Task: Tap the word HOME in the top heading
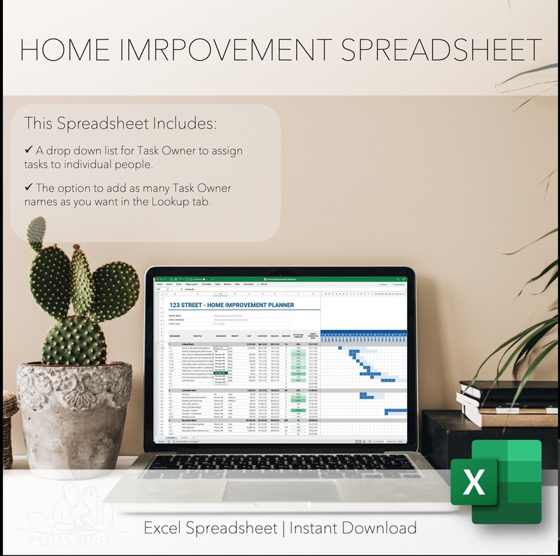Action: point(63,50)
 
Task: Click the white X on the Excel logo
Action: point(475,483)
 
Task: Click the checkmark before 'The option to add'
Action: point(28,188)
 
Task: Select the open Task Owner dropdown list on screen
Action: point(219,366)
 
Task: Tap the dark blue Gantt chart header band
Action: point(364,336)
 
